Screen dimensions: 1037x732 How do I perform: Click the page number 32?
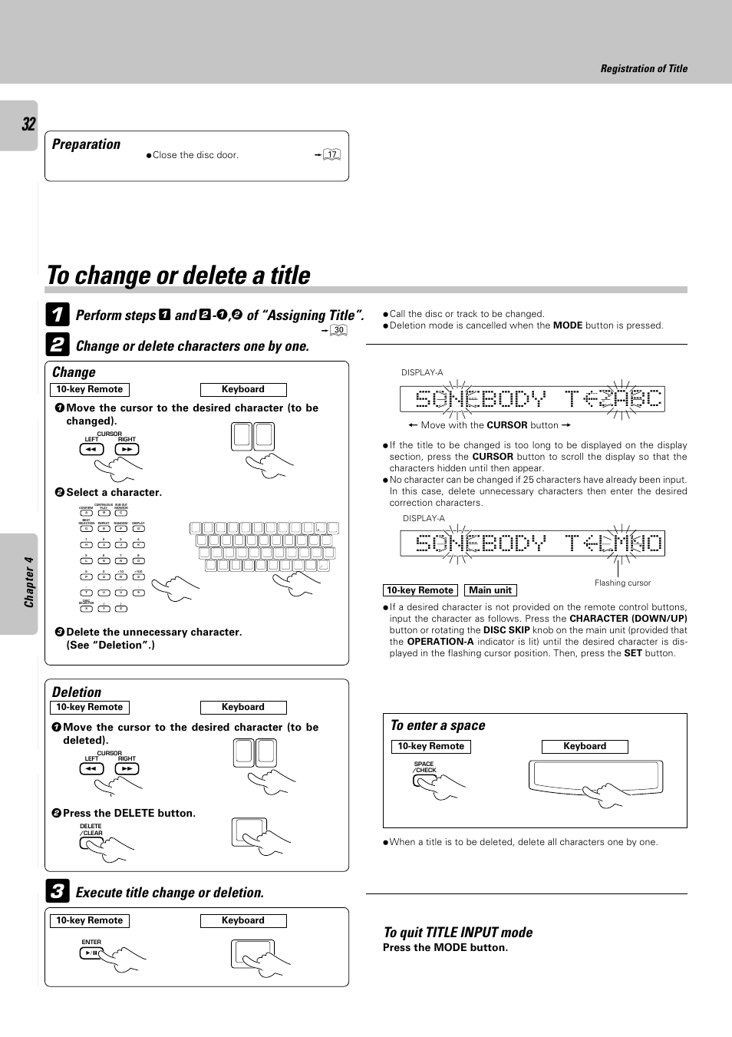pos(28,124)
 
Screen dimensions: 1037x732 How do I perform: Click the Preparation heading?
pos(86,144)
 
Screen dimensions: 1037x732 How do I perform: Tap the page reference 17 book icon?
pos(331,154)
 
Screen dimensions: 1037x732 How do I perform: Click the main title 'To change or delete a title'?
pos(179,276)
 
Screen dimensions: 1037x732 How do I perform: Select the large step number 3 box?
pos(57,891)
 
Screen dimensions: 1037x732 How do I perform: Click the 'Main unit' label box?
pos(490,590)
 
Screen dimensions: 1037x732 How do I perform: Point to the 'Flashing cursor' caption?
pos(622,583)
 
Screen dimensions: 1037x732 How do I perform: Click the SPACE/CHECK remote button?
pos(424,781)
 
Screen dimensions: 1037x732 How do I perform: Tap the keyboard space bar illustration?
pos(595,777)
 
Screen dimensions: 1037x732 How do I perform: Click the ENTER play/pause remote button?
pos(91,953)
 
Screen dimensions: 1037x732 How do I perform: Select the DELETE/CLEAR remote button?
pos(91,843)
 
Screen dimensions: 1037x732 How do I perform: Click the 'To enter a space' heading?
pos(437,725)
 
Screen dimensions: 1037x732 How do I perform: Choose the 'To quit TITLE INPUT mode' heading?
pos(458,932)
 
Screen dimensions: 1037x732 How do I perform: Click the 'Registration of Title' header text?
pos(644,68)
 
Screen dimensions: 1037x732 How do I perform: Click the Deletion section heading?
pos(77,692)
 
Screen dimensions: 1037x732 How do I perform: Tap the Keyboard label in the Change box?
pos(243,390)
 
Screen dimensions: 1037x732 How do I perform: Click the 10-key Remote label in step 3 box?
pos(90,920)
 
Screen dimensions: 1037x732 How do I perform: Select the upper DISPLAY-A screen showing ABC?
pos(532,399)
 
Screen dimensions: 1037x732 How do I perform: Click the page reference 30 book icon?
pos(338,330)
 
